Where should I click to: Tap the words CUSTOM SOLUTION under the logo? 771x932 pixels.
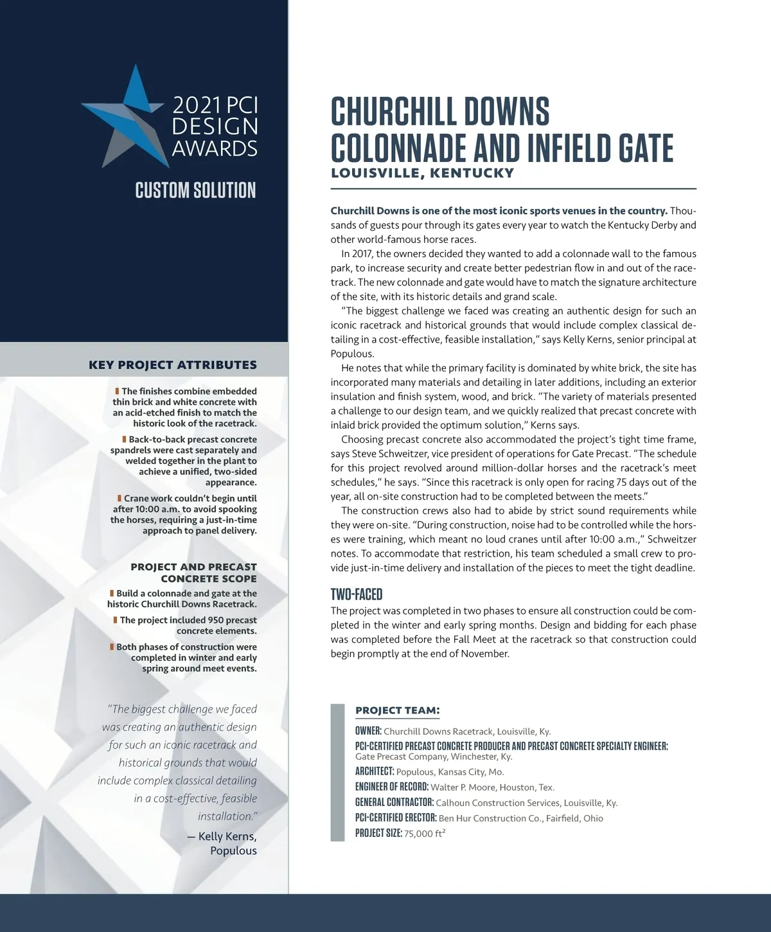195,190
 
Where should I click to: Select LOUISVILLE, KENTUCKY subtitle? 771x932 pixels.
422,173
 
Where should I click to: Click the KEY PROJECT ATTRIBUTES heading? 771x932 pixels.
172,365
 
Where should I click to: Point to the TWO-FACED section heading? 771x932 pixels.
356,594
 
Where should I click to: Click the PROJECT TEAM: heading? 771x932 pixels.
397,710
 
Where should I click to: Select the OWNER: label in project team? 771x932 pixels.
368,731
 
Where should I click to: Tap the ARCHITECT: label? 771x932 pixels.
374,771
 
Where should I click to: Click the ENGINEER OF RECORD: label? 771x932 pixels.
391,787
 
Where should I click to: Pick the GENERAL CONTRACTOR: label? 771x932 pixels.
394,802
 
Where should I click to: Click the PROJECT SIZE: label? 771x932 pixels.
378,834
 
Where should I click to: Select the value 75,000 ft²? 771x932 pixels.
425,834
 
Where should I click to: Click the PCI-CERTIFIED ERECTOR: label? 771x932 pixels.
396,818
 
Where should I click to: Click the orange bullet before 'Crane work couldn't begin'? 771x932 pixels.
120,498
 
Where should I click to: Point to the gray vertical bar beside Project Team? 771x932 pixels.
337,772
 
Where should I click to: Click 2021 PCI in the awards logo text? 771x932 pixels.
215,105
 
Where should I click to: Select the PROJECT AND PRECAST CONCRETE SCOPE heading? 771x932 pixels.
193,572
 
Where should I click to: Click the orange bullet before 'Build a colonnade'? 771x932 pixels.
112,593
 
